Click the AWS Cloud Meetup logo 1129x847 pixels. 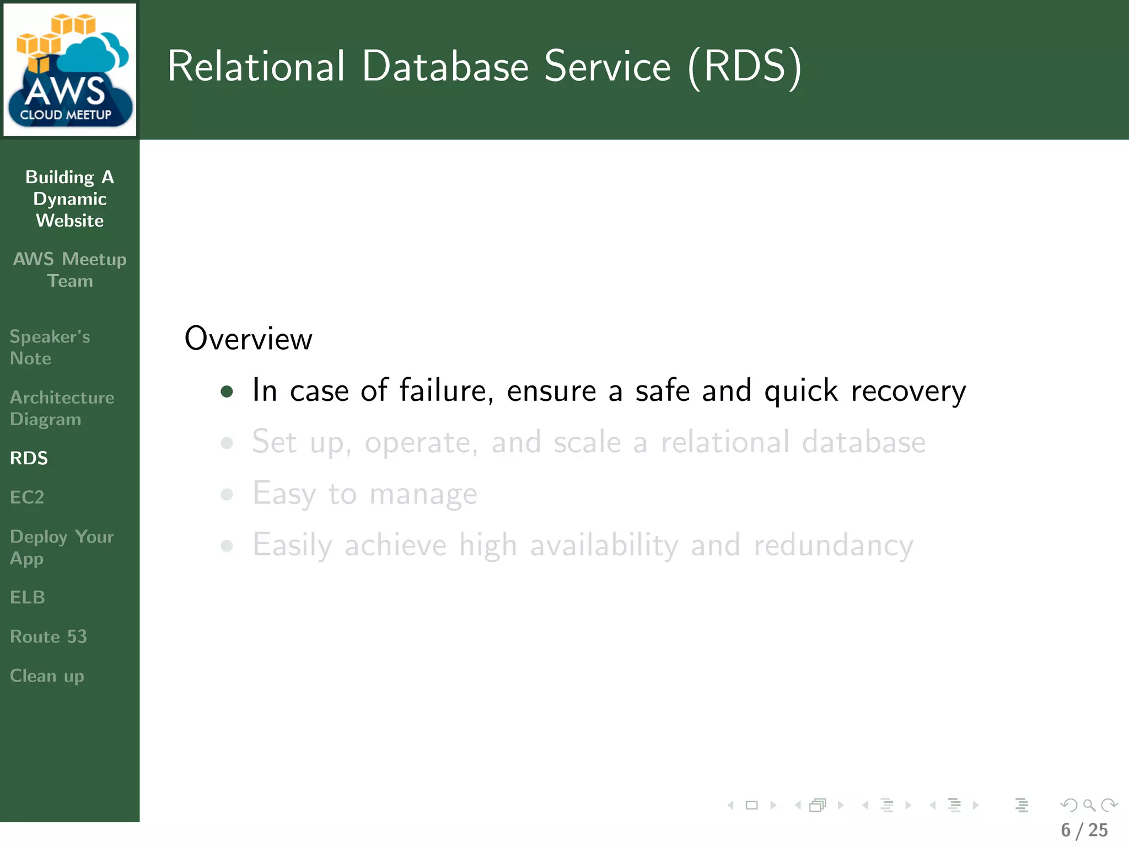(69, 69)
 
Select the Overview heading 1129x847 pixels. (248, 339)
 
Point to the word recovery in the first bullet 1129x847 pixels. (908, 392)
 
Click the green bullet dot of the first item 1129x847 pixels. (227, 392)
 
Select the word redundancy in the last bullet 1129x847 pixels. (833, 545)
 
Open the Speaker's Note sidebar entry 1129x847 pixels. (50, 347)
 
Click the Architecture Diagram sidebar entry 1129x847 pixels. (62, 408)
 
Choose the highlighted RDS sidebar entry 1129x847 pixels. (29, 458)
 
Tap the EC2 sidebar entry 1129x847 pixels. (27, 497)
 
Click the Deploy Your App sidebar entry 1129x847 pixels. (62, 547)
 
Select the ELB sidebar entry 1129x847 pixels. (28, 597)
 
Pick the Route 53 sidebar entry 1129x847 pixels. (49, 637)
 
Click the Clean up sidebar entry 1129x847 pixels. (47, 676)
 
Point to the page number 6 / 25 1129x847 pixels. (1084, 830)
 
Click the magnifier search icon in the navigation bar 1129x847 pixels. (1089, 805)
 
